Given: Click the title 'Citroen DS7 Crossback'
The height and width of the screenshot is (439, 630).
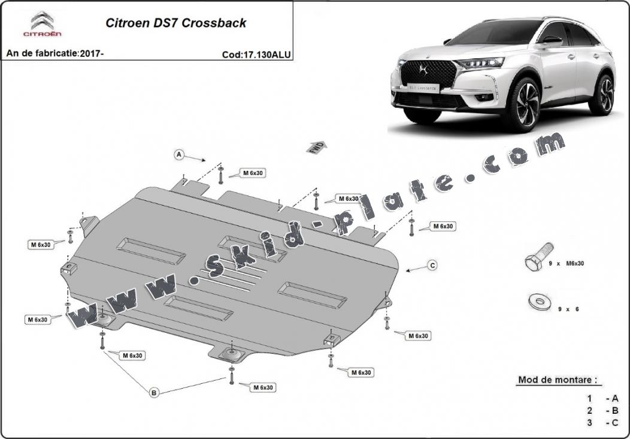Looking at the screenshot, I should tap(175, 23).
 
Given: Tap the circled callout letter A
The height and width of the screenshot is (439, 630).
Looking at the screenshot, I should tap(178, 155).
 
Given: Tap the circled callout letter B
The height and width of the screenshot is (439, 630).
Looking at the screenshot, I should tap(154, 393).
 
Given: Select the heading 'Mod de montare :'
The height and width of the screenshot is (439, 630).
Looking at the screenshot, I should tap(557, 380).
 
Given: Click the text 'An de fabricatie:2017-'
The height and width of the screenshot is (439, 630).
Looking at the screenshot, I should tap(55, 53).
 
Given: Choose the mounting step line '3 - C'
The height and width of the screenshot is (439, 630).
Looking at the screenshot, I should tap(603, 423).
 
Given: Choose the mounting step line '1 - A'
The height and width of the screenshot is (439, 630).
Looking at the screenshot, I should tap(603, 398).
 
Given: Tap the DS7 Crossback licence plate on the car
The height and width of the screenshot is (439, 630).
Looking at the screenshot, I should tap(423, 88).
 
